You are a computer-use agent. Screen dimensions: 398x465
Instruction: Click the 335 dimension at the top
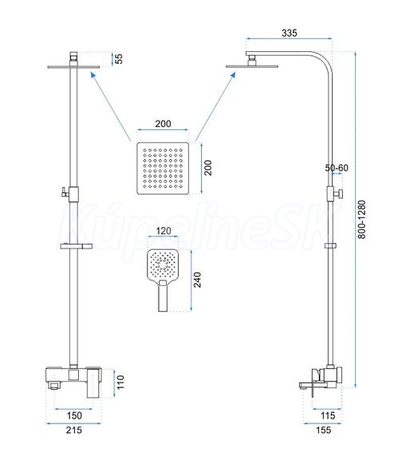tap(289, 33)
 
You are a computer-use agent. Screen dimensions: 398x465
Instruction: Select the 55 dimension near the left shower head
tap(119, 59)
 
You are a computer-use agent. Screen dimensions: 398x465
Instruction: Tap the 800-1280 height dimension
tap(361, 220)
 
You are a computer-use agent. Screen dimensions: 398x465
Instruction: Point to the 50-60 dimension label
tap(337, 168)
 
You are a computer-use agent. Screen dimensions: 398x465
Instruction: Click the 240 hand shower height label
tap(197, 280)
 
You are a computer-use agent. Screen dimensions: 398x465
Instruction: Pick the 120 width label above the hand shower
tap(164, 231)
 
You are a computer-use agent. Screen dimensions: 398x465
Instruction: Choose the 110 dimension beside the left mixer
tap(120, 382)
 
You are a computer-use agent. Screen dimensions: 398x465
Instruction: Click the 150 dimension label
tap(74, 415)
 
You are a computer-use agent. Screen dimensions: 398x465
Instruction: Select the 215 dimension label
tap(74, 430)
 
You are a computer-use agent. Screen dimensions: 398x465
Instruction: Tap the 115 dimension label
tap(328, 415)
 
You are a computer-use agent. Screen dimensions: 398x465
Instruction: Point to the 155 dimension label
tap(323, 430)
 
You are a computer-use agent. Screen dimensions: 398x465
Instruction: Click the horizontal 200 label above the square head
tap(164, 123)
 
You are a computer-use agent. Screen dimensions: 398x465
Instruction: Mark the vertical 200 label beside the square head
tap(208, 168)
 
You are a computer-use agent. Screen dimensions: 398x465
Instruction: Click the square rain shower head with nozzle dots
tap(163, 169)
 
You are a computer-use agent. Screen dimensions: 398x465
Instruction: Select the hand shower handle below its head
tap(163, 296)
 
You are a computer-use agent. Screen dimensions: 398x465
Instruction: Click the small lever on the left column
tap(65, 193)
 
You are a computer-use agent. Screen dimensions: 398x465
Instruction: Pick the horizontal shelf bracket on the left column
tap(77, 246)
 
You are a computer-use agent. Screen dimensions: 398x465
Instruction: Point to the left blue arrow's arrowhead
tap(93, 74)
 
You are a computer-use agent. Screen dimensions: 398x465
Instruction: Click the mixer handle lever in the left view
tap(94, 383)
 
